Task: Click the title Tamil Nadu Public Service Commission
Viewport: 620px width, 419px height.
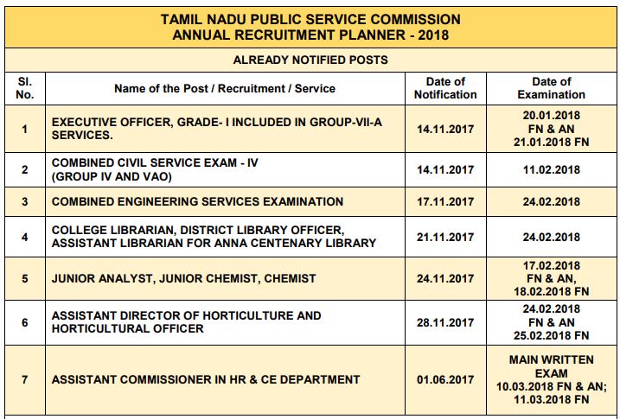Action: [310, 19]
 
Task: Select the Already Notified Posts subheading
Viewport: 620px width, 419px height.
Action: [310, 60]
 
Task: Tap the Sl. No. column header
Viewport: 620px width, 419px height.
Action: [24, 87]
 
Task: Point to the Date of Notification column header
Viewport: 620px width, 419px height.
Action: [445, 87]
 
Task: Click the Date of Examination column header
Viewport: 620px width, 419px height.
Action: [551, 87]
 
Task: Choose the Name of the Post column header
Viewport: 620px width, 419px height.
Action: [224, 88]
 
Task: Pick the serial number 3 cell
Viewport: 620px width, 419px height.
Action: [24, 201]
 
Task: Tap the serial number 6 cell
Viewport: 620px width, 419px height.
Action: [24, 322]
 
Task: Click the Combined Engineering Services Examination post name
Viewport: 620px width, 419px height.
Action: [197, 201]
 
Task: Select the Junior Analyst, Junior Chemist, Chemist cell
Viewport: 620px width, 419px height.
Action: [183, 278]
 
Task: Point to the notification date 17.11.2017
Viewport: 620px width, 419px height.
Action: [445, 201]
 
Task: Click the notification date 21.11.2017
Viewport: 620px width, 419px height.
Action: [445, 237]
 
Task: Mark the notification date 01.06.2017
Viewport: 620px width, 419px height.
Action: [445, 379]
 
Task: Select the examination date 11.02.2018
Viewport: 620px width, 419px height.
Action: [551, 169]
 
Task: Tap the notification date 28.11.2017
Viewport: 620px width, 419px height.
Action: [445, 322]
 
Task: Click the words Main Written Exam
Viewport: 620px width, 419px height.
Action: [551, 365]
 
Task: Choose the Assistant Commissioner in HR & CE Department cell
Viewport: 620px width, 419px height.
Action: [206, 379]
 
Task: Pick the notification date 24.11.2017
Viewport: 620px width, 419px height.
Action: [445, 278]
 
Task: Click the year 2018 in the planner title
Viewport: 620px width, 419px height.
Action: [433, 35]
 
